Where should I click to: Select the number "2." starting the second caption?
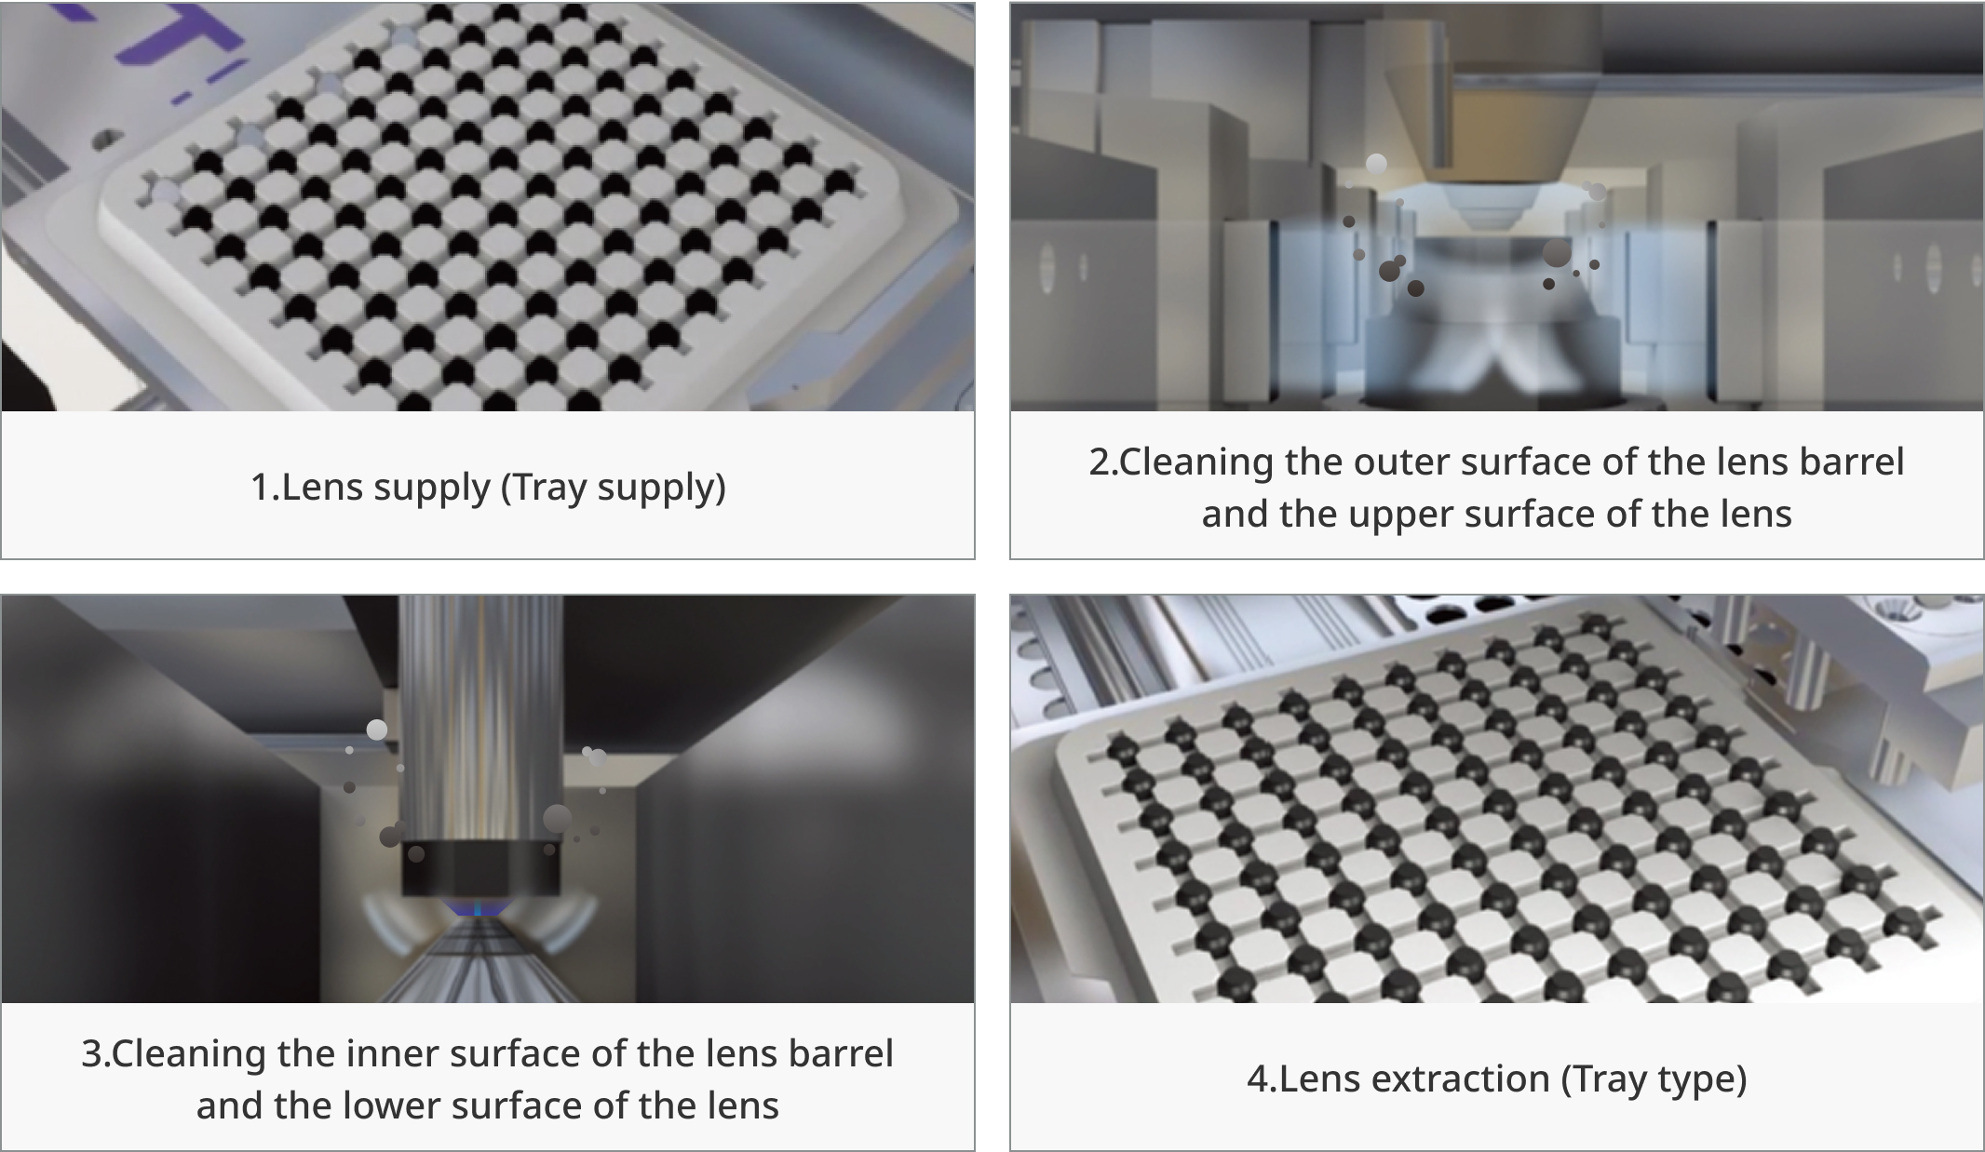pyautogui.click(x=1103, y=462)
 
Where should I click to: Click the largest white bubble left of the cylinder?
pyautogui.click(x=377, y=730)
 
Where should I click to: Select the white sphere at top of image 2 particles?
pyautogui.click(x=1376, y=165)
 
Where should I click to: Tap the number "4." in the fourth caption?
pyautogui.click(x=1262, y=1079)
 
